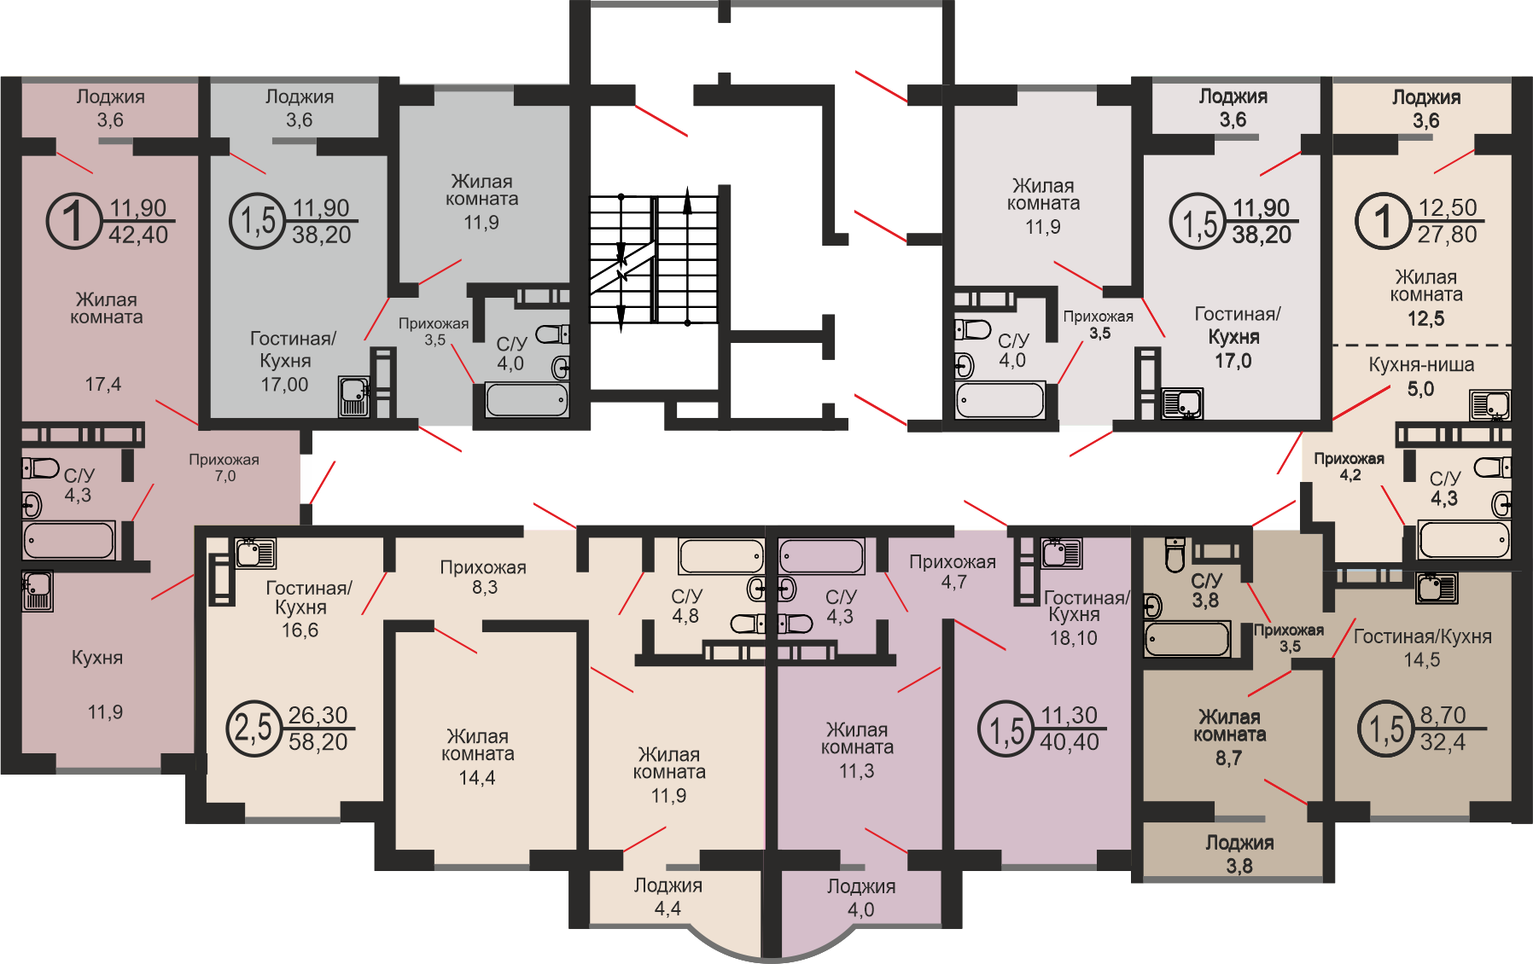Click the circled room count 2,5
coord(254,729)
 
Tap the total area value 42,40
coord(138,235)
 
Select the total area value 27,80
coord(1447,235)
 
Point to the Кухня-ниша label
coord(1421,365)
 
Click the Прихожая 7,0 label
coord(224,467)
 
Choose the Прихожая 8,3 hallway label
coord(483,577)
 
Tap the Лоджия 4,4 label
coord(667,897)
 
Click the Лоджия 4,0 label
coord(860,897)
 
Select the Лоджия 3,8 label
coord(1239,854)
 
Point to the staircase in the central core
coord(655,259)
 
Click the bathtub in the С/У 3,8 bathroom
coord(1186,639)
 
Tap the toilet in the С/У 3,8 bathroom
coord(1175,554)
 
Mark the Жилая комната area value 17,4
coord(102,385)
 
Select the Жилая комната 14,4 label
coord(477,757)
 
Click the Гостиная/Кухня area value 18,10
coord(1073,638)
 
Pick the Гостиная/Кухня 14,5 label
coord(1422,648)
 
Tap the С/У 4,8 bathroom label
coord(686,606)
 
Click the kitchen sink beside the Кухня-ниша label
coord(1489,405)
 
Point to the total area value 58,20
coord(318,742)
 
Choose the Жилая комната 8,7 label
coord(1229,737)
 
